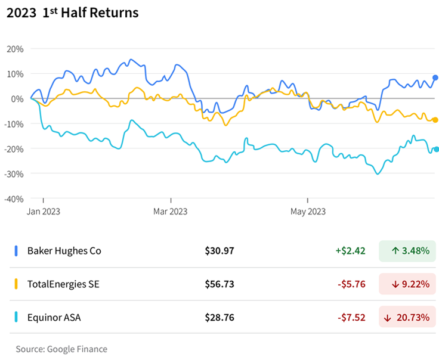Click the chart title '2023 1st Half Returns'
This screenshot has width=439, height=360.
coord(72,13)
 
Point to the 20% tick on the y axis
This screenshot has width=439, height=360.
coord(16,49)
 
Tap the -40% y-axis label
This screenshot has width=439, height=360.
coord(14,198)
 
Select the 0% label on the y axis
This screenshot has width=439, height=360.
coord(18,99)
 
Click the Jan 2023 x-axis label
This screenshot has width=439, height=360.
coord(43,211)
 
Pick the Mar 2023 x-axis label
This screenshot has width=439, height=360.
coord(171,211)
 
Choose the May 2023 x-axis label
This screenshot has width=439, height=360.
coord(308,211)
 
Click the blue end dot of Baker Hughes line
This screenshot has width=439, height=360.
coord(435,77)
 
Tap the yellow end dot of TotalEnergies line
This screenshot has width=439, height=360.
coord(435,120)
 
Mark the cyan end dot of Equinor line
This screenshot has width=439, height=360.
coord(436,149)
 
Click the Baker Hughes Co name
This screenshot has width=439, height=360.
coord(64,251)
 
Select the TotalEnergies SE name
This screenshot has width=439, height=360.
coord(63,284)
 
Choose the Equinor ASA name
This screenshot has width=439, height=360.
coord(54,318)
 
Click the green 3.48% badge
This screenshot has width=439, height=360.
coord(407,251)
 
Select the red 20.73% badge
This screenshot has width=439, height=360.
coord(407,318)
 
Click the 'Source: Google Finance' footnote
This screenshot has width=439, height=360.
coord(61,349)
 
